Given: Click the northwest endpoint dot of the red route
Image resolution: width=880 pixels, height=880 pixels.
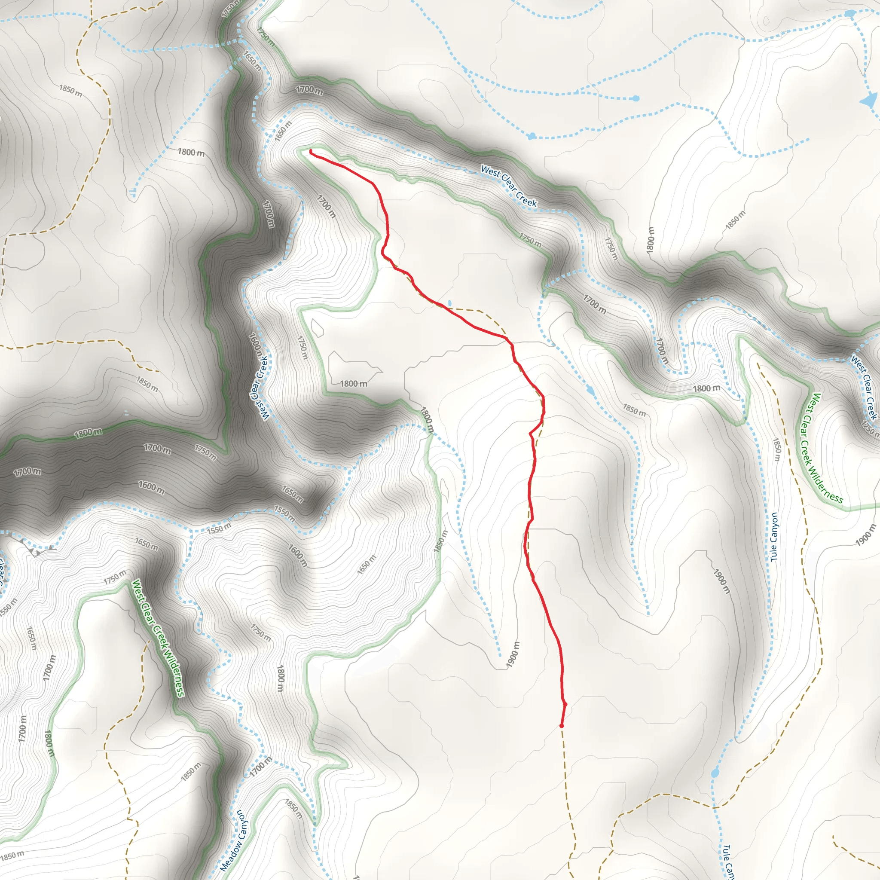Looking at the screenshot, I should click(x=311, y=151).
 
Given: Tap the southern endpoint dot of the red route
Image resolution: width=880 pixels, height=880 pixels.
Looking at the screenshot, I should click(x=562, y=726).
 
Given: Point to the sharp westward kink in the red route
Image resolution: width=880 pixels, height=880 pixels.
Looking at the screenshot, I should click(x=530, y=434).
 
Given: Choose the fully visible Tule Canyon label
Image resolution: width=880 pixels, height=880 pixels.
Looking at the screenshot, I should click(x=774, y=537).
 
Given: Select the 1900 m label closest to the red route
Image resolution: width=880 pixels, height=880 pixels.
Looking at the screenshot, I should click(x=513, y=655).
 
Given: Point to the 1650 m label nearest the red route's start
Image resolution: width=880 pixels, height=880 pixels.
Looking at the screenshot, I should click(x=283, y=131).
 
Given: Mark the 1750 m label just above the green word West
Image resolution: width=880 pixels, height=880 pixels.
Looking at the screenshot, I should click(x=115, y=577).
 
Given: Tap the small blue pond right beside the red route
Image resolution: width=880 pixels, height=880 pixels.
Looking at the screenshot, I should click(x=450, y=303).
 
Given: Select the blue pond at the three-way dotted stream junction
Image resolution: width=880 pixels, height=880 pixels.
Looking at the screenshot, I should click(x=849, y=14).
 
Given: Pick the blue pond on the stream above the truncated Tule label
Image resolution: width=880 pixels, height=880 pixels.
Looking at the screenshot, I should click(x=715, y=773).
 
